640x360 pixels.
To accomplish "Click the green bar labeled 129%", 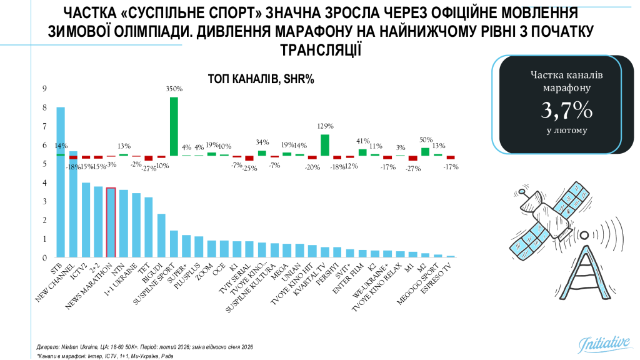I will point(325,145).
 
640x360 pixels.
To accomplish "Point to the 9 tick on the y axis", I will point(44,89).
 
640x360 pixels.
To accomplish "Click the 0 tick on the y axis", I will point(44,257).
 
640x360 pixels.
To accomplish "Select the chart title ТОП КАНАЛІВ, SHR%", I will point(261,79).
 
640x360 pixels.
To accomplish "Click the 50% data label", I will point(425,140).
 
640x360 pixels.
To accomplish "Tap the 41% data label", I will point(362,141).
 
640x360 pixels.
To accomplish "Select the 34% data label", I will point(262,141).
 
